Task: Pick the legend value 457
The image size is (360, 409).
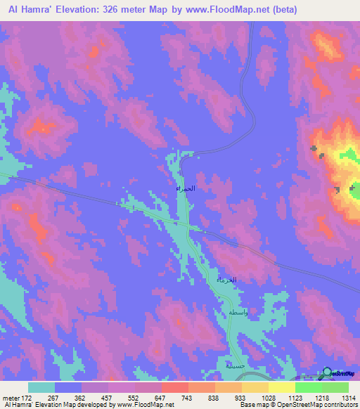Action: click(95, 398)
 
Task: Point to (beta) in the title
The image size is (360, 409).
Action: click(283, 10)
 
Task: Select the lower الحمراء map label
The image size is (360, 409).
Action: click(226, 280)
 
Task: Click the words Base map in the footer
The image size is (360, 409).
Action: click(250, 405)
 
